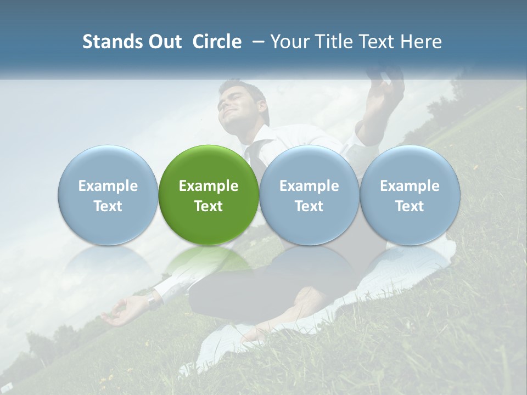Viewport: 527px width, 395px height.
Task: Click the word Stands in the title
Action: pyautogui.click(x=110, y=42)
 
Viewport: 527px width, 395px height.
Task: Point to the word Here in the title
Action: pyautogui.click(x=422, y=42)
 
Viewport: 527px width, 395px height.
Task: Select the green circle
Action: pyautogui.click(x=209, y=195)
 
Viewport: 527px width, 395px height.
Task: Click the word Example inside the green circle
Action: pyautogui.click(x=209, y=186)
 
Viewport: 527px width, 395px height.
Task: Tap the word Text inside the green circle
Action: pyautogui.click(x=209, y=206)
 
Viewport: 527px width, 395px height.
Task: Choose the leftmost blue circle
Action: pyautogui.click(x=108, y=195)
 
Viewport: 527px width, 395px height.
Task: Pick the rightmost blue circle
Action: pyautogui.click(x=410, y=195)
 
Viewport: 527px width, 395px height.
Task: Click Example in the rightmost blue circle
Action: pyautogui.click(x=410, y=186)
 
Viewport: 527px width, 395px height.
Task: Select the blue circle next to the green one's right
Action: pyautogui.click(x=309, y=195)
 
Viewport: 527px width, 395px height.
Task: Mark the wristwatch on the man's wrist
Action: pyautogui.click(x=152, y=301)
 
